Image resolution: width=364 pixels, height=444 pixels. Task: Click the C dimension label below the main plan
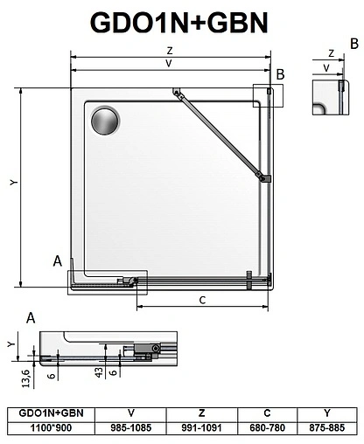202,300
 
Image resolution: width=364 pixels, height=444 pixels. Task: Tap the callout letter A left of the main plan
57,261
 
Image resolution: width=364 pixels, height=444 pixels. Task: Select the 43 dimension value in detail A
101,371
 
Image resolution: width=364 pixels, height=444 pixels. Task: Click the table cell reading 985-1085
130,428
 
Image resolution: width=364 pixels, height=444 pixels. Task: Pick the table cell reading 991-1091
202,428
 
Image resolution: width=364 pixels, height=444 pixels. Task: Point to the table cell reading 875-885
327,428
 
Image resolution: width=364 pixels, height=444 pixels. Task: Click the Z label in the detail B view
331,52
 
